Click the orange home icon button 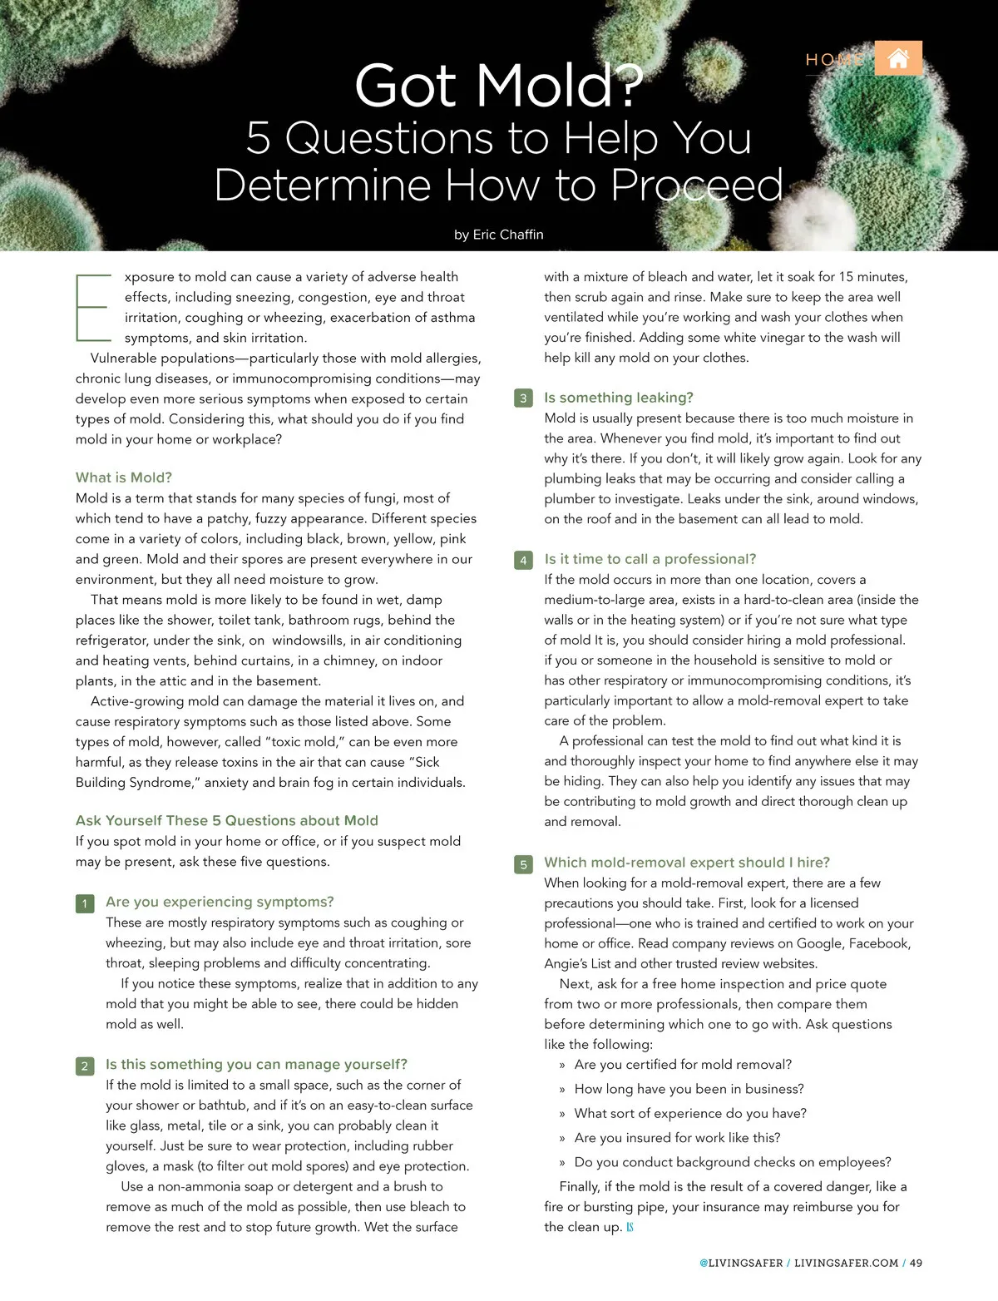[x=898, y=58]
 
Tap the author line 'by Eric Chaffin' [x=498, y=235]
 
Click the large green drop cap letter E [x=94, y=308]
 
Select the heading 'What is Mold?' [x=123, y=477]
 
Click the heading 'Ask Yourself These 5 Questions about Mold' [x=227, y=820]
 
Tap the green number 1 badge [x=85, y=903]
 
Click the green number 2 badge [x=85, y=1066]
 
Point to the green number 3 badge [x=523, y=398]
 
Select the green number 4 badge [x=523, y=561]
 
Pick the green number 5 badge [x=523, y=864]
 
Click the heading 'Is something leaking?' [x=619, y=398]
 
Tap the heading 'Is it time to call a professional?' [x=650, y=559]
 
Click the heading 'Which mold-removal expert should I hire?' [x=687, y=862]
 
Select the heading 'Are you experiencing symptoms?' [x=220, y=902]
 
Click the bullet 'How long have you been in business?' [x=689, y=1088]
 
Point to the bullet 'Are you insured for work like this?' [x=677, y=1138]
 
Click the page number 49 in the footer [x=916, y=1263]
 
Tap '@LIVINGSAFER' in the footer [x=741, y=1263]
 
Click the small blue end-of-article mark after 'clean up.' [x=630, y=1227]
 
